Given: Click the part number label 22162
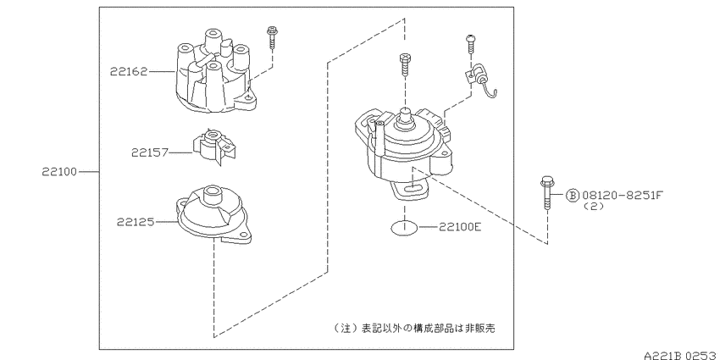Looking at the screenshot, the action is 129,72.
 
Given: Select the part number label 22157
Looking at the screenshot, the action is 150,152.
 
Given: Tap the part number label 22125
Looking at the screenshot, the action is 135,222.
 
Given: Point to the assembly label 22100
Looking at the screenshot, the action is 60,172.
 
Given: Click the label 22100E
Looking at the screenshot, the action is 460,226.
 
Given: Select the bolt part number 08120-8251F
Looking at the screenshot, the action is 623,196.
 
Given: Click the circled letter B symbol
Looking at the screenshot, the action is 573,196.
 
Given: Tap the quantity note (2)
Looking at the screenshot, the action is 593,207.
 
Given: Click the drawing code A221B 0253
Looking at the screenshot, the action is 681,356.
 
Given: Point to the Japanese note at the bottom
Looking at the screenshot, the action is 415,329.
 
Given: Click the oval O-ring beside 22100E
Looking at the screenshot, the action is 405,227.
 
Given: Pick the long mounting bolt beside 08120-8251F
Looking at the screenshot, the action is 546,194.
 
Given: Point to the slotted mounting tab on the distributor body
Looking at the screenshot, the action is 412,190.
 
